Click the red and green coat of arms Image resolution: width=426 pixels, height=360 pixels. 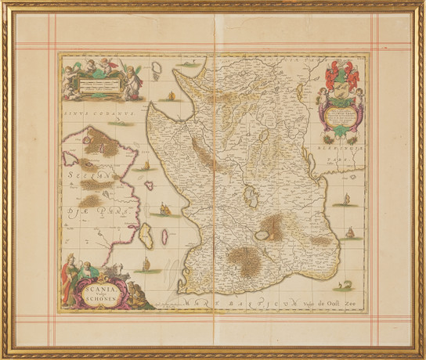pos(338,79)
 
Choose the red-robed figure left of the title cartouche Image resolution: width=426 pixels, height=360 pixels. pos(70,277)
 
